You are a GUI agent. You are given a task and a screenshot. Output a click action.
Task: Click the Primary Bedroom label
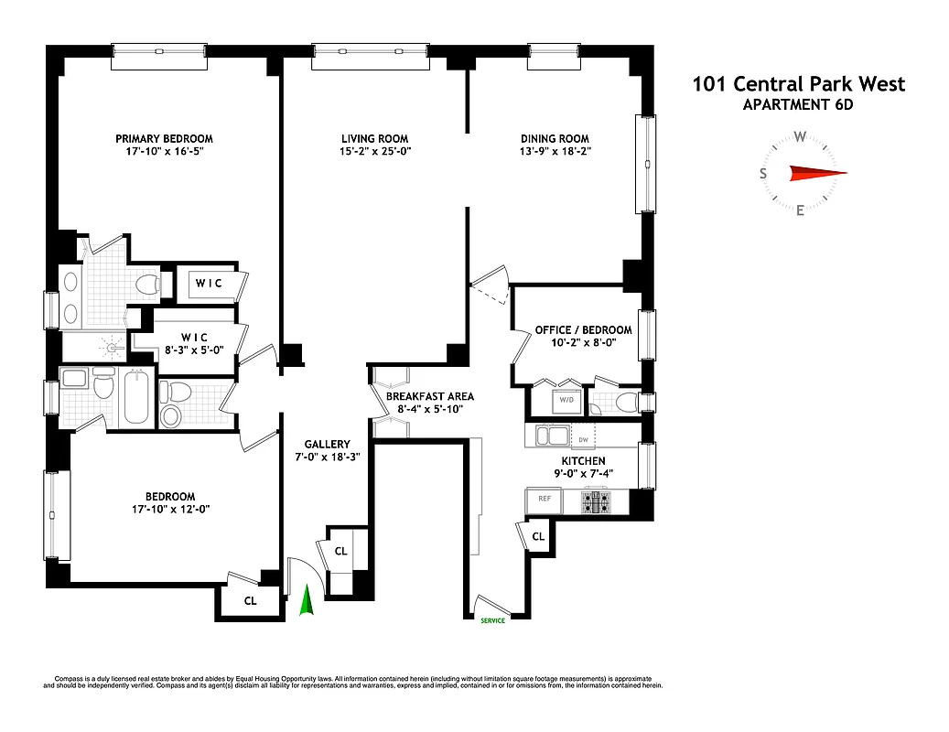(x=164, y=139)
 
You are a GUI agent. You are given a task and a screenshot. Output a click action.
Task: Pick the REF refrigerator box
(x=544, y=500)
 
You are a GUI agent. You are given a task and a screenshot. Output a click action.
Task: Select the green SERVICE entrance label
(x=492, y=620)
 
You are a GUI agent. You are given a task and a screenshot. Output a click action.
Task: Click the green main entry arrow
(x=307, y=603)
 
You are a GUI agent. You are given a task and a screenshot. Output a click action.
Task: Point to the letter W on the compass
(x=800, y=137)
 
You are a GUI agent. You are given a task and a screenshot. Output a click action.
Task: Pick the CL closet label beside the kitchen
(x=538, y=536)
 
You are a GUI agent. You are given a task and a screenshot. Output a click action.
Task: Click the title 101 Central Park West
(x=798, y=84)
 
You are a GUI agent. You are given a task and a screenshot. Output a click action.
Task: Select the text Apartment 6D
(x=798, y=104)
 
